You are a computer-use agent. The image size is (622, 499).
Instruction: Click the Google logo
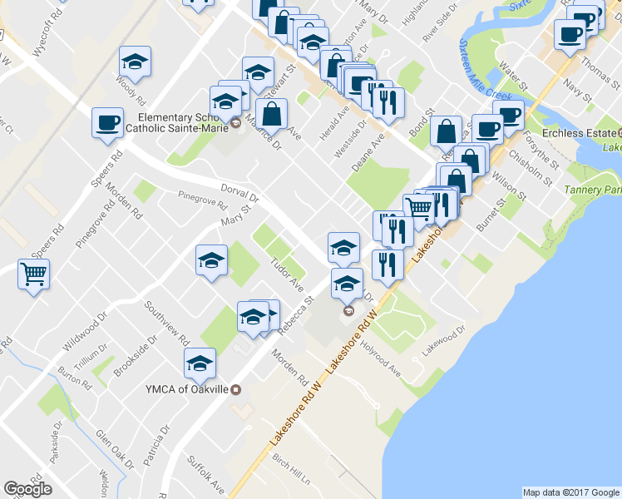point(27,489)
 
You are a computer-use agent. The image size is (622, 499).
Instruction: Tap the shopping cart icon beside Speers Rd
point(33,273)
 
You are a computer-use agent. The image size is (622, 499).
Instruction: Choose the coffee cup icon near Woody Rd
point(107,123)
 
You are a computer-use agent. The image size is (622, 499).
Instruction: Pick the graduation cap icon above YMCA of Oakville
point(200,363)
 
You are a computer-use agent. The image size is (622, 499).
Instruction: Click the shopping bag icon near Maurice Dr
point(271,113)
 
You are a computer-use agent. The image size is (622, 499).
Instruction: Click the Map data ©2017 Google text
point(570,492)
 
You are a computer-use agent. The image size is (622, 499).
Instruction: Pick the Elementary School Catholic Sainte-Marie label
point(172,123)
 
